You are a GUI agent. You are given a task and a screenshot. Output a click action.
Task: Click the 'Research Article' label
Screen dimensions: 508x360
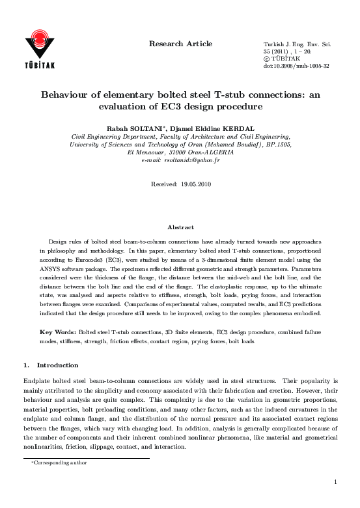pyautogui.click(x=181, y=44)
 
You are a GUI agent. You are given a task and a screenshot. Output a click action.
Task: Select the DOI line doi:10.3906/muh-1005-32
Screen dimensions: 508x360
pyautogui.click(x=296, y=66)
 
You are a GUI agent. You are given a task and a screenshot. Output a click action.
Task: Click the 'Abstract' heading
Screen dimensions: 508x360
pyautogui.click(x=180, y=227)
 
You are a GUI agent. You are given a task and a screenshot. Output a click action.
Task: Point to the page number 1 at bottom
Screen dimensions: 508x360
pyautogui.click(x=335, y=482)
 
